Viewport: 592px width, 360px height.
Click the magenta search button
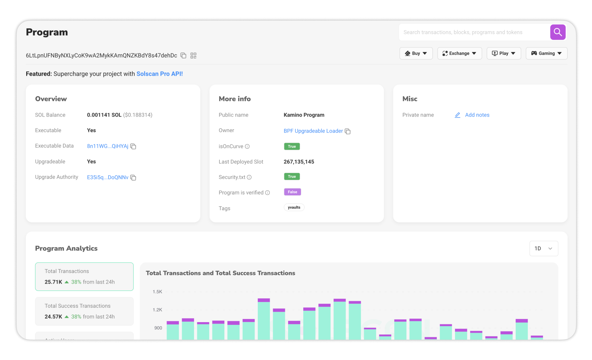(557, 32)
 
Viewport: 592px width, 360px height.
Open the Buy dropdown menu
(416, 53)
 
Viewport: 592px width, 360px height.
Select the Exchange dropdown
(459, 53)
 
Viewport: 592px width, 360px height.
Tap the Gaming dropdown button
(546, 53)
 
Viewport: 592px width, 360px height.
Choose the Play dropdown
(503, 53)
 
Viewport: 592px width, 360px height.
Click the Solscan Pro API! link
(160, 74)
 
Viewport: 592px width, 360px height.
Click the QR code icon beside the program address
(193, 55)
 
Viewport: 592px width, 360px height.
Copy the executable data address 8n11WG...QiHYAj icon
(133, 146)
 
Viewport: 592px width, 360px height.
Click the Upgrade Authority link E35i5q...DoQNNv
(108, 177)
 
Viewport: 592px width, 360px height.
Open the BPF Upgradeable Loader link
(313, 131)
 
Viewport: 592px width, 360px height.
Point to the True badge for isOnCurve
(292, 146)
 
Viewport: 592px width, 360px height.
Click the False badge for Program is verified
(292, 192)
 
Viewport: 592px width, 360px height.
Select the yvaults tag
(294, 208)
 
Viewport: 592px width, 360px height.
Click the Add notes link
(477, 115)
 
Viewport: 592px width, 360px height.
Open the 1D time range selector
(544, 248)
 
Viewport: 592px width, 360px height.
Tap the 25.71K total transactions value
(53, 282)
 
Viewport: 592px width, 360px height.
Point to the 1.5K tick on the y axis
(157, 292)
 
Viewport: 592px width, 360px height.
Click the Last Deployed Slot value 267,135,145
(299, 162)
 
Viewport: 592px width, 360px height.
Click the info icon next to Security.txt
(249, 177)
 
